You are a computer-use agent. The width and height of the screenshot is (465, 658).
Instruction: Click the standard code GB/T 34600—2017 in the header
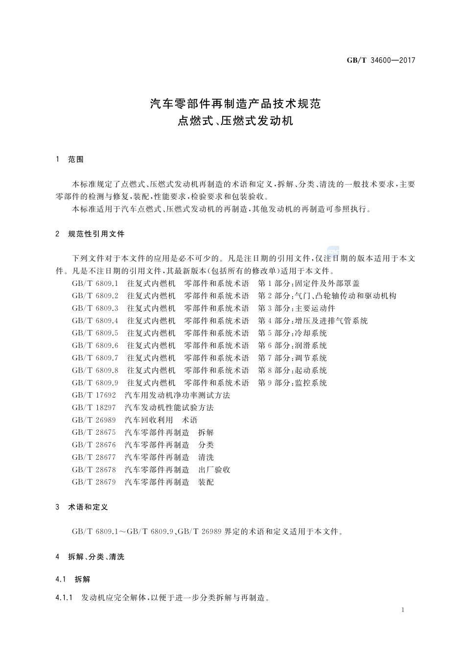[x=380, y=60]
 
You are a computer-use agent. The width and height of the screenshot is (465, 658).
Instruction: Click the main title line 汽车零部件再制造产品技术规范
[x=235, y=104]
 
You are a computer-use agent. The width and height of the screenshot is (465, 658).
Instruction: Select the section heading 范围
[x=76, y=160]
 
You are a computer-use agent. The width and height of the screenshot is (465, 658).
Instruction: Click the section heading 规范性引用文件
[x=96, y=234]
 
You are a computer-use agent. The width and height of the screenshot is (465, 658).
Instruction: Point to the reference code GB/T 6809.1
[x=95, y=283]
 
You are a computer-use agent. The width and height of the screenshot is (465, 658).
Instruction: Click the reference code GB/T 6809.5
[x=95, y=333]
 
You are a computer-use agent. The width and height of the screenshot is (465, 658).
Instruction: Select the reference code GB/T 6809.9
[x=95, y=383]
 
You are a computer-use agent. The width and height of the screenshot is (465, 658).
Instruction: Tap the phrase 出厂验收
[x=214, y=470]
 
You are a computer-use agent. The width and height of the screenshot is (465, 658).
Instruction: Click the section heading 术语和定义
[x=88, y=507]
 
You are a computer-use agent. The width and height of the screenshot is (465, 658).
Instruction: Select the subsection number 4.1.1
[x=64, y=598]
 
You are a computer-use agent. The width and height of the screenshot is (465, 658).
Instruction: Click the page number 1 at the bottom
[x=402, y=610]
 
